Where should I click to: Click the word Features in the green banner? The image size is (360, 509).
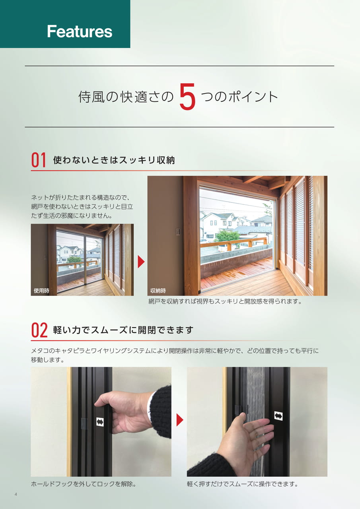click(80, 31)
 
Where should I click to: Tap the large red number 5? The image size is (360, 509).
click(187, 97)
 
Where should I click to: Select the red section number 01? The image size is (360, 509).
click(39, 160)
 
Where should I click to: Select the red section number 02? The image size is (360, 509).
click(39, 330)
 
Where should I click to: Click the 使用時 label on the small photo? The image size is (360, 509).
click(41, 291)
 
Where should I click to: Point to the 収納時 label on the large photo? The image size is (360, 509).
click(158, 291)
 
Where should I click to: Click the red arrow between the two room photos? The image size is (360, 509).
click(141, 262)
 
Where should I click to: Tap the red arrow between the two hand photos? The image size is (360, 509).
click(180, 420)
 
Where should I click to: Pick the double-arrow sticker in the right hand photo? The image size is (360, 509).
click(278, 416)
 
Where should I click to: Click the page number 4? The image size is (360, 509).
click(16, 494)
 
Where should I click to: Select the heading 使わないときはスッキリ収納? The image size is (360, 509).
click(114, 160)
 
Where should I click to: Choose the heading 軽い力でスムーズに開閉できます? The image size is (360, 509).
click(123, 330)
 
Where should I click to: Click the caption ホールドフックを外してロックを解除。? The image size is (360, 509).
click(84, 484)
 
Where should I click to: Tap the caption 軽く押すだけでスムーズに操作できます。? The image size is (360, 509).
click(243, 484)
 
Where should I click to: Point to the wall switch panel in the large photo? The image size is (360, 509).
click(179, 232)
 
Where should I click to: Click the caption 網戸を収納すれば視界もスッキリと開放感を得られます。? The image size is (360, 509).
click(225, 301)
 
